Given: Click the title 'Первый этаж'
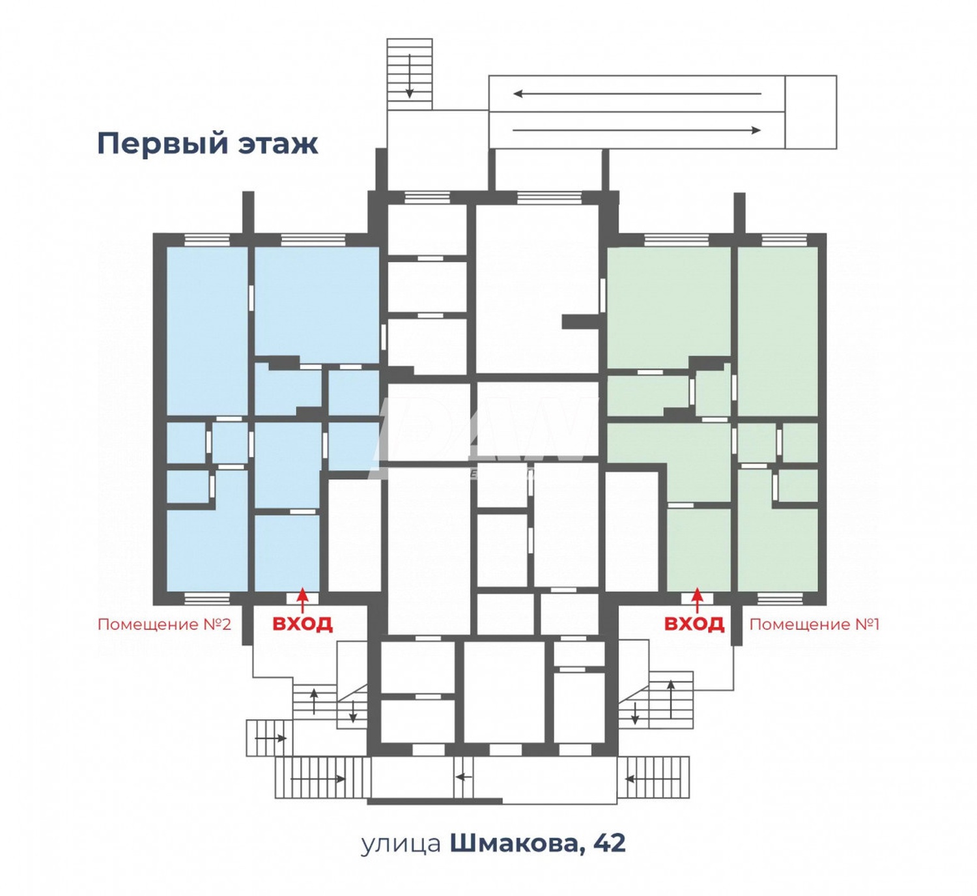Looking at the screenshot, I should coord(207,143).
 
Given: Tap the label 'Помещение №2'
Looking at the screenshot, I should coord(164,624).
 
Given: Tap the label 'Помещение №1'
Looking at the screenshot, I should coord(814,624).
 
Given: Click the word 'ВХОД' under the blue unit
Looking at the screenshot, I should coord(302,624).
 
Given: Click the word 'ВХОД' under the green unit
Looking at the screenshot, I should coord(694,624).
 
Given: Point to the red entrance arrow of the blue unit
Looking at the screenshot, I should coord(302,598).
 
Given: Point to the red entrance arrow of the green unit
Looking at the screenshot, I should coord(698,598).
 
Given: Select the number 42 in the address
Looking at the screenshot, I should coord(610,843).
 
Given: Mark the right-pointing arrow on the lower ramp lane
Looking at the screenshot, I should coord(637,130).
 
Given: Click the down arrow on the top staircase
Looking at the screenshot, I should coord(410,76).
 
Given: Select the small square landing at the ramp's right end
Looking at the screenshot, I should coord(810,112).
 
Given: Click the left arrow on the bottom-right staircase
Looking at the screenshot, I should coord(653,777).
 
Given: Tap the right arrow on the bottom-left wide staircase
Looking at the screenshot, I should coord(318,779).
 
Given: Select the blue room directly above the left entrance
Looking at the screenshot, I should coord(287,553).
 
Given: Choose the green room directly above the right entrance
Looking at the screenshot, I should coord(698,549).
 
